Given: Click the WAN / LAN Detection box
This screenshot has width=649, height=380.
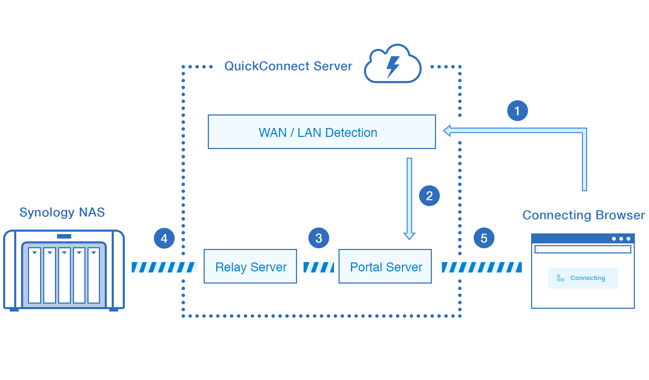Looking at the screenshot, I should [x=322, y=132].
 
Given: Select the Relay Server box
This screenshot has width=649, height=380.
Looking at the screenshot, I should [x=250, y=266].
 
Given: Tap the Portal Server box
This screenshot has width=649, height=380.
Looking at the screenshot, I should [x=385, y=266].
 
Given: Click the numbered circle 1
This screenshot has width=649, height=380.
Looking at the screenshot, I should [x=517, y=111].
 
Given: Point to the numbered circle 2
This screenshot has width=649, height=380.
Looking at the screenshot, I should [x=429, y=196].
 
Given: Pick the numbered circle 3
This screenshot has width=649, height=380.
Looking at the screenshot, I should [x=318, y=238].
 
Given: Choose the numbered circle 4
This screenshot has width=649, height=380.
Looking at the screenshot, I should [x=164, y=238].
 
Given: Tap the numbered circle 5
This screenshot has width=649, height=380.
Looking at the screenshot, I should [x=484, y=238].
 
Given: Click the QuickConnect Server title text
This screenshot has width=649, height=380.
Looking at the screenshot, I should [x=288, y=66].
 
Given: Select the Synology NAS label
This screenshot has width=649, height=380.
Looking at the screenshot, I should [x=62, y=212].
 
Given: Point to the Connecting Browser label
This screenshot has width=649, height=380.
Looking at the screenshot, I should [x=583, y=215].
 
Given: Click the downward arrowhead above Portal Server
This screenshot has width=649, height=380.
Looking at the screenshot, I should [x=409, y=236].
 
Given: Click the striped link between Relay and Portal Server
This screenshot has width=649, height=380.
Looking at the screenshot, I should [x=318, y=267].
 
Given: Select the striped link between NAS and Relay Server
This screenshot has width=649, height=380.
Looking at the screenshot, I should [x=164, y=267].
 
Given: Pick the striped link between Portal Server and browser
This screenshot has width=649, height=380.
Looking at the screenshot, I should [x=481, y=267].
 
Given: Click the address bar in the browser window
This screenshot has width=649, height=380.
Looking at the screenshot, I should [x=583, y=249].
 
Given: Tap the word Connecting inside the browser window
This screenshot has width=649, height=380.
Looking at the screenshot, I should [x=587, y=278].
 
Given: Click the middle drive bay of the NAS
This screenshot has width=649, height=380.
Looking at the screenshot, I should [x=64, y=275].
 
